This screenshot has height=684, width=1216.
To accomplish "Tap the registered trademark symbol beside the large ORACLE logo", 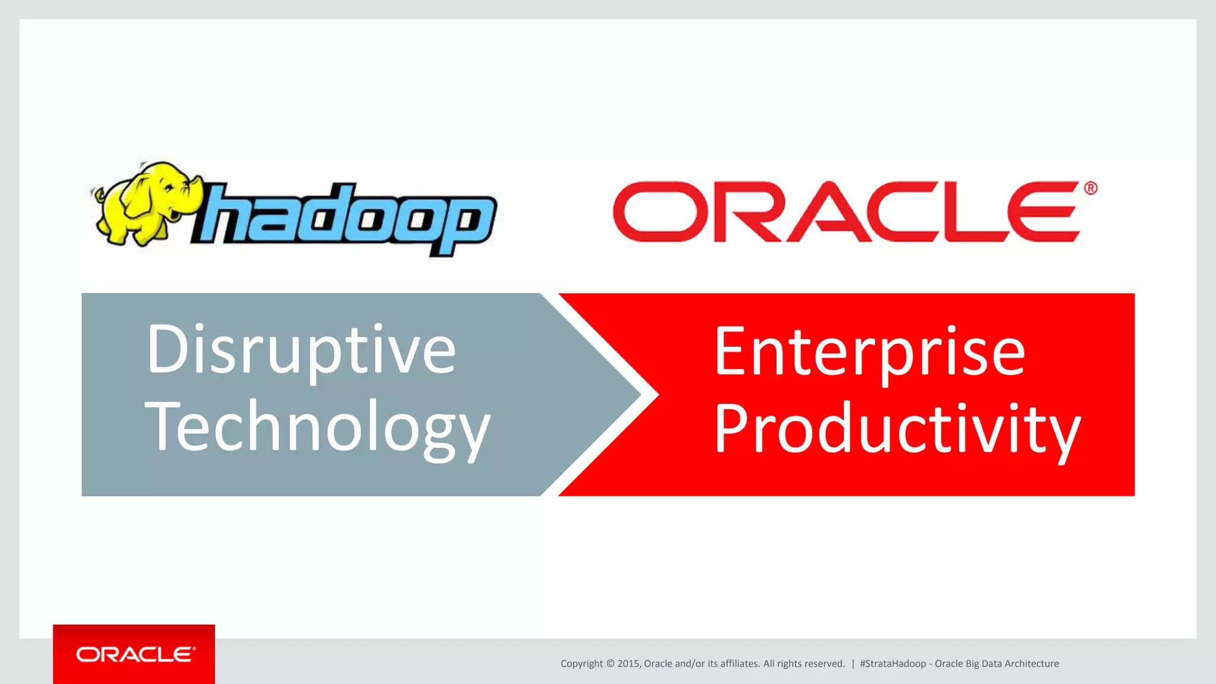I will point(1091,188).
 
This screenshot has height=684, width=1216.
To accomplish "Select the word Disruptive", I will point(301,350).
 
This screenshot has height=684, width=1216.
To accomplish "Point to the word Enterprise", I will point(870,352).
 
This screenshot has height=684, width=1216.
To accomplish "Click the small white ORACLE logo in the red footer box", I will point(135,654).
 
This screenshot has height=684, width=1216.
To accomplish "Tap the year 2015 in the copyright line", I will point(628,664).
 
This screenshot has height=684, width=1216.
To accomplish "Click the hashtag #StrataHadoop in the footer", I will point(892,664).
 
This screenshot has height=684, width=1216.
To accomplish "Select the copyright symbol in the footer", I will point(610,664).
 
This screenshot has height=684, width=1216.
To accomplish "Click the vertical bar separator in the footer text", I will point(853,664).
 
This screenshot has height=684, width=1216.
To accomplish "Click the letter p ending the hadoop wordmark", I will point(466,223).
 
